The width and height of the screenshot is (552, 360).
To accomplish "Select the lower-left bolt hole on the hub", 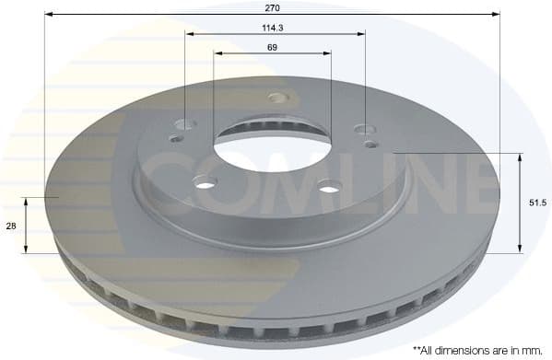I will point(205,182).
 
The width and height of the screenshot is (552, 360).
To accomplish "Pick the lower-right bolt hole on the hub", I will point(330,190).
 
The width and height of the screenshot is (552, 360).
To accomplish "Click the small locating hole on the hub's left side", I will point(176,140).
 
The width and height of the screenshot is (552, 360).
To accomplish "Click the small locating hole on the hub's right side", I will point(370,144).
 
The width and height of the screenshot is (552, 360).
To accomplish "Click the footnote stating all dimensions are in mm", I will point(478,350).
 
